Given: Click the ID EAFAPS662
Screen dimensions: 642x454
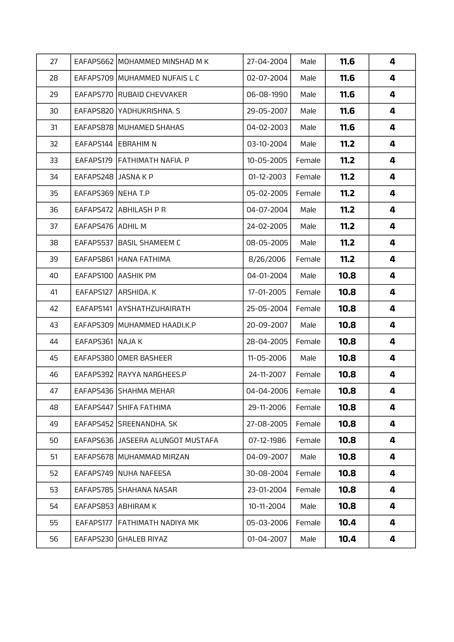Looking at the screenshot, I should point(94,61).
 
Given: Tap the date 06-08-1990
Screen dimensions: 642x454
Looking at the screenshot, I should point(267,94).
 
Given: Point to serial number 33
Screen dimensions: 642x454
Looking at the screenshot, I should point(54,160).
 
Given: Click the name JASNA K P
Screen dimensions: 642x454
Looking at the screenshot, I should point(135,177).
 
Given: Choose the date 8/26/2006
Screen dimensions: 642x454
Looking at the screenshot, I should point(267,259).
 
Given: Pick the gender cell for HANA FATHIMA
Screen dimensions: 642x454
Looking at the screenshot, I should point(308,259).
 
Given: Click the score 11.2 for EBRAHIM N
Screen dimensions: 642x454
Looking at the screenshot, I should point(347,144).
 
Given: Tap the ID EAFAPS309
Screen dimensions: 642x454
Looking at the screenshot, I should point(94,325).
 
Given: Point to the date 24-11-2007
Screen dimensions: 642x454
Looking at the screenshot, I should point(267,375).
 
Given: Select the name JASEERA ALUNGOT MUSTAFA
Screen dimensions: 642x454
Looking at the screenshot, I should point(168,440).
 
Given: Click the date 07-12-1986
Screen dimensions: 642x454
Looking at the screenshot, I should point(267,440).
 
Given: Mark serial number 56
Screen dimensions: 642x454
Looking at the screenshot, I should point(54,539).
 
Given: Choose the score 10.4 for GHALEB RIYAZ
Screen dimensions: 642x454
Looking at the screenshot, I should point(347,539).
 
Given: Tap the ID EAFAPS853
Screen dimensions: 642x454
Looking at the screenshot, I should point(94,506).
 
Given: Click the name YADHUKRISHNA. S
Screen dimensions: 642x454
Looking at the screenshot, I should point(149,111).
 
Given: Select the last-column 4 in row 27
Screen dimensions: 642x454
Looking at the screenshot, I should point(392,61).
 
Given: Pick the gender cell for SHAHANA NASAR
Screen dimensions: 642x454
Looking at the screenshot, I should point(308,490).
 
